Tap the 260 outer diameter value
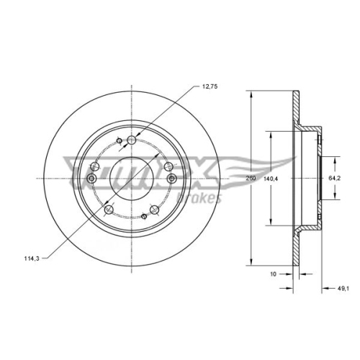click(x=251, y=177)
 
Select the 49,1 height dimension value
click(x=343, y=289)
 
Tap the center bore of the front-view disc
click(x=130, y=177)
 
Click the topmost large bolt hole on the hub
click(x=130, y=142)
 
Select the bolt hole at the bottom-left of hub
click(x=109, y=209)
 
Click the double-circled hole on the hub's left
click(x=91, y=179)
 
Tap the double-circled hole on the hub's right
click(x=170, y=177)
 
